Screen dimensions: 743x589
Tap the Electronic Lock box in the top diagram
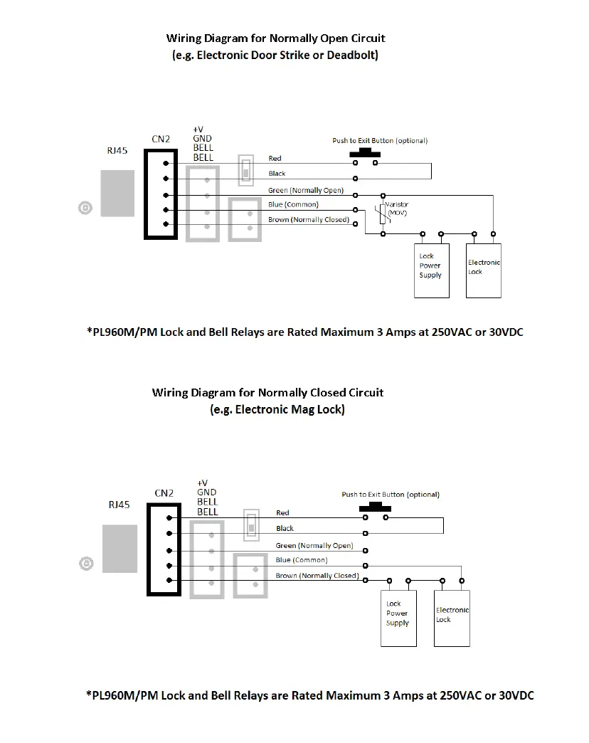[484, 270]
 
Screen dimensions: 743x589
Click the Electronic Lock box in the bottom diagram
[452, 618]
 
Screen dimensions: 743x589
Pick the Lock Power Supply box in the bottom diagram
[398, 618]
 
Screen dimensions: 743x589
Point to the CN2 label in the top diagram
[161, 138]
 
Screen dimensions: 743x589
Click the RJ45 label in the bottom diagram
[119, 505]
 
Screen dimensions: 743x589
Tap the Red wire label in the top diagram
[275, 158]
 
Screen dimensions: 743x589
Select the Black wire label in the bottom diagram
[285, 528]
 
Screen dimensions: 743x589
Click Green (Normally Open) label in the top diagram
[306, 190]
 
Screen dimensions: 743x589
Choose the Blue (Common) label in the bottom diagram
[302, 560]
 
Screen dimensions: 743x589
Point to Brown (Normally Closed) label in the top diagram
[309, 220]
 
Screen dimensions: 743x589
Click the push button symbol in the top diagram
[365, 153]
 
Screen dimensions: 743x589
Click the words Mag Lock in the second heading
[318, 409]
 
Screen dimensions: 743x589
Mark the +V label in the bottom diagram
[202, 483]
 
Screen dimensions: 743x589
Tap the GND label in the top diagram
[203, 138]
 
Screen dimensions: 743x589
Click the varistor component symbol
[383, 214]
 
